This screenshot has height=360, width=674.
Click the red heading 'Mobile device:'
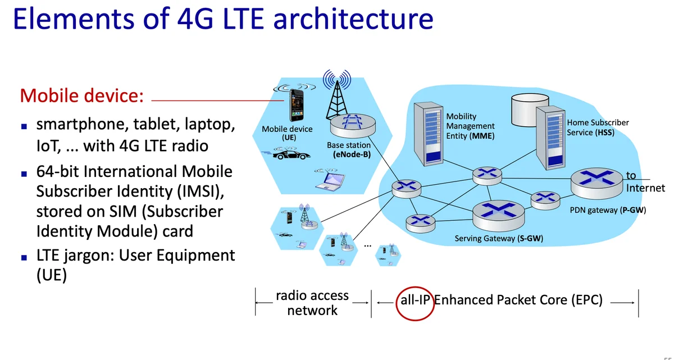(x=82, y=95)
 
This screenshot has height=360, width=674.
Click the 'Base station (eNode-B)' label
(x=349, y=149)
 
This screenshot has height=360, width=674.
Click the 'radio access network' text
(x=312, y=303)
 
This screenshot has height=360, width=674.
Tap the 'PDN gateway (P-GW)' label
(x=608, y=211)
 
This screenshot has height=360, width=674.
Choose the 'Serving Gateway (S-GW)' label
(x=499, y=239)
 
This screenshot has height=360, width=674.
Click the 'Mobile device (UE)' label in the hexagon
(x=287, y=133)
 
